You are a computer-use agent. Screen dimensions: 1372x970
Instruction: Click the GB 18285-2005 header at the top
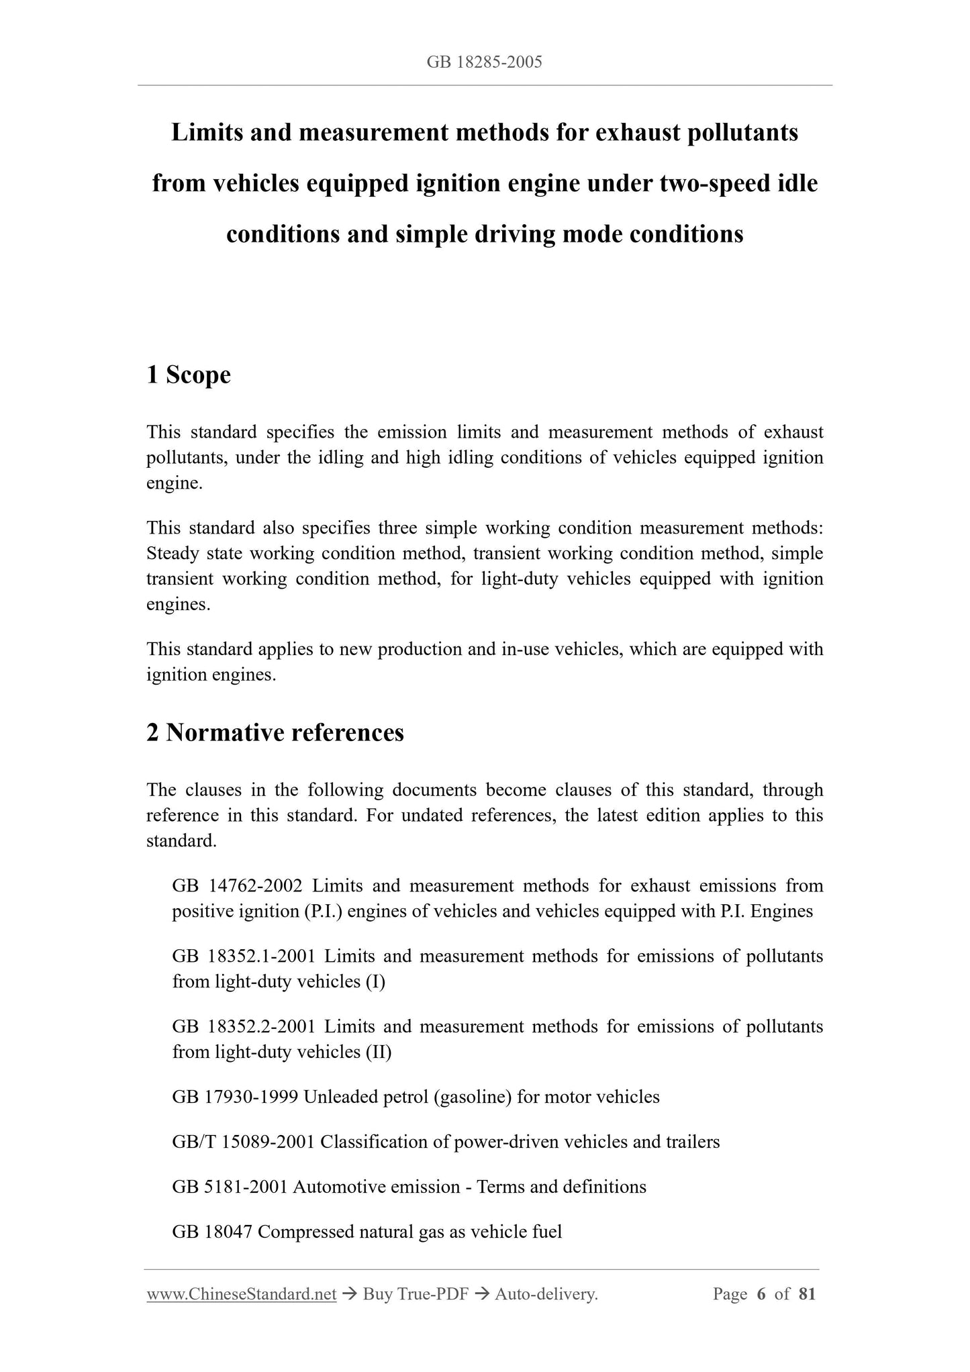484,62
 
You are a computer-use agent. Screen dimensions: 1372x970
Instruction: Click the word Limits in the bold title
207,133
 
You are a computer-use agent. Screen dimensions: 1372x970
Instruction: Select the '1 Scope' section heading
189,375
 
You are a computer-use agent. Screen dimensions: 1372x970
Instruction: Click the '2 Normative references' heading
275,732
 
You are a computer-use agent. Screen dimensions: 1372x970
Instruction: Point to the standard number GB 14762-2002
237,886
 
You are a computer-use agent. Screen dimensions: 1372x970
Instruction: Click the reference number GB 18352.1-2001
243,956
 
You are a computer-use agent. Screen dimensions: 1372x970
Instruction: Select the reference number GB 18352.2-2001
243,1026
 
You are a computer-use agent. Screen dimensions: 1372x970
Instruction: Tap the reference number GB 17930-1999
235,1097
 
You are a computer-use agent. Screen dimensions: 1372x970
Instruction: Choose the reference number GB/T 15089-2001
243,1142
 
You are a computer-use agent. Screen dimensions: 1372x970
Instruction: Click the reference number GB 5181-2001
230,1187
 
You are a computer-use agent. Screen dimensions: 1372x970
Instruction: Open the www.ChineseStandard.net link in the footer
241,1294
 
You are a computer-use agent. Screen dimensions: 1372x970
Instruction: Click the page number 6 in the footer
761,1294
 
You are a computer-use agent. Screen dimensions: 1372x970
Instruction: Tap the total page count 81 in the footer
807,1294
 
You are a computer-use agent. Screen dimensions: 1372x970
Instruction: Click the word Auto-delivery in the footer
545,1294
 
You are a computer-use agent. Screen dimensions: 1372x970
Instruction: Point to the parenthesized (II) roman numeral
379,1052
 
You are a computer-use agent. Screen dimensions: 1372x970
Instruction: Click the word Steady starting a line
174,554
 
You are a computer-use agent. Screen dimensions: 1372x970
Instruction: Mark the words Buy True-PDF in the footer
415,1294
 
